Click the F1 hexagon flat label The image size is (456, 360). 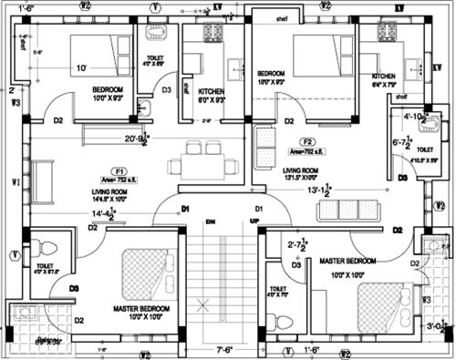point(119,170)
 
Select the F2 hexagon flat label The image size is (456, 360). point(308,142)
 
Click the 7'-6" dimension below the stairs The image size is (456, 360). point(225,347)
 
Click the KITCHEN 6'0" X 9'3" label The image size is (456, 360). point(212,96)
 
